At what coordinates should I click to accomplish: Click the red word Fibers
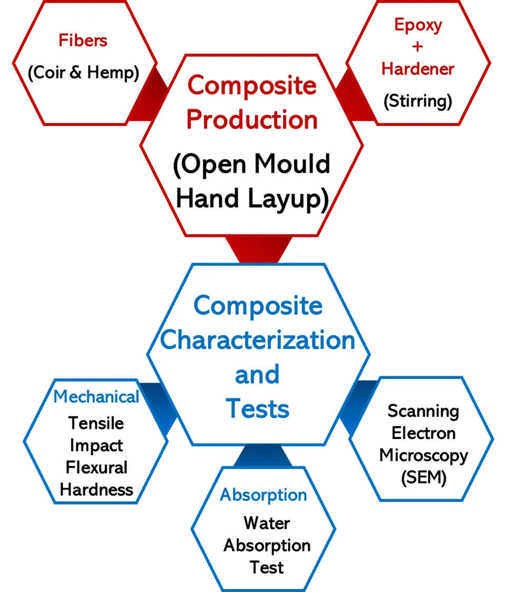(x=83, y=41)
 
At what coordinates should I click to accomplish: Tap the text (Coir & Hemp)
(x=83, y=73)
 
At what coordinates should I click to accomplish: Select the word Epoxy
(x=418, y=25)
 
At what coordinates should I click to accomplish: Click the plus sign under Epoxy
(x=418, y=46)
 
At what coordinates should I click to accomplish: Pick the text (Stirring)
(x=418, y=101)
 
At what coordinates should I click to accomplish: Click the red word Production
(x=252, y=120)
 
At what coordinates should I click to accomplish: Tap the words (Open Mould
(x=252, y=164)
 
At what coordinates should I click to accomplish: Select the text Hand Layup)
(x=252, y=198)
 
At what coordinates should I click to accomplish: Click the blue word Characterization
(x=258, y=340)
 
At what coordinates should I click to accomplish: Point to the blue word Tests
(x=258, y=409)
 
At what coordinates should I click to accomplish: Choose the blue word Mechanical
(x=96, y=397)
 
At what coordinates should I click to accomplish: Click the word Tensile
(x=96, y=423)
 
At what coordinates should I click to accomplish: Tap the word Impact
(x=96, y=445)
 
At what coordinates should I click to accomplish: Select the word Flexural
(x=96, y=467)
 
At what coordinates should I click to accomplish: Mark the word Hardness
(x=96, y=489)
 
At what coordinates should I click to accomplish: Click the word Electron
(x=423, y=433)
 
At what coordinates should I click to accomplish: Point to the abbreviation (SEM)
(x=423, y=478)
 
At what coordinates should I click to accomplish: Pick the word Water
(x=267, y=523)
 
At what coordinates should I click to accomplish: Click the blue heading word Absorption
(x=264, y=495)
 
